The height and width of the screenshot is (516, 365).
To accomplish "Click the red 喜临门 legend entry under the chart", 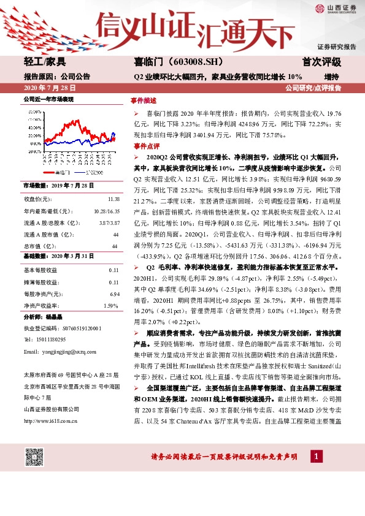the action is pyautogui.click(x=64, y=173).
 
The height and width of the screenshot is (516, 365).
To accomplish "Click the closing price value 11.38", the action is pyautogui.click(x=113, y=199).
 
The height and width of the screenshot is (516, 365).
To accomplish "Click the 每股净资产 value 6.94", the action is pyautogui.click(x=113, y=294).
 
